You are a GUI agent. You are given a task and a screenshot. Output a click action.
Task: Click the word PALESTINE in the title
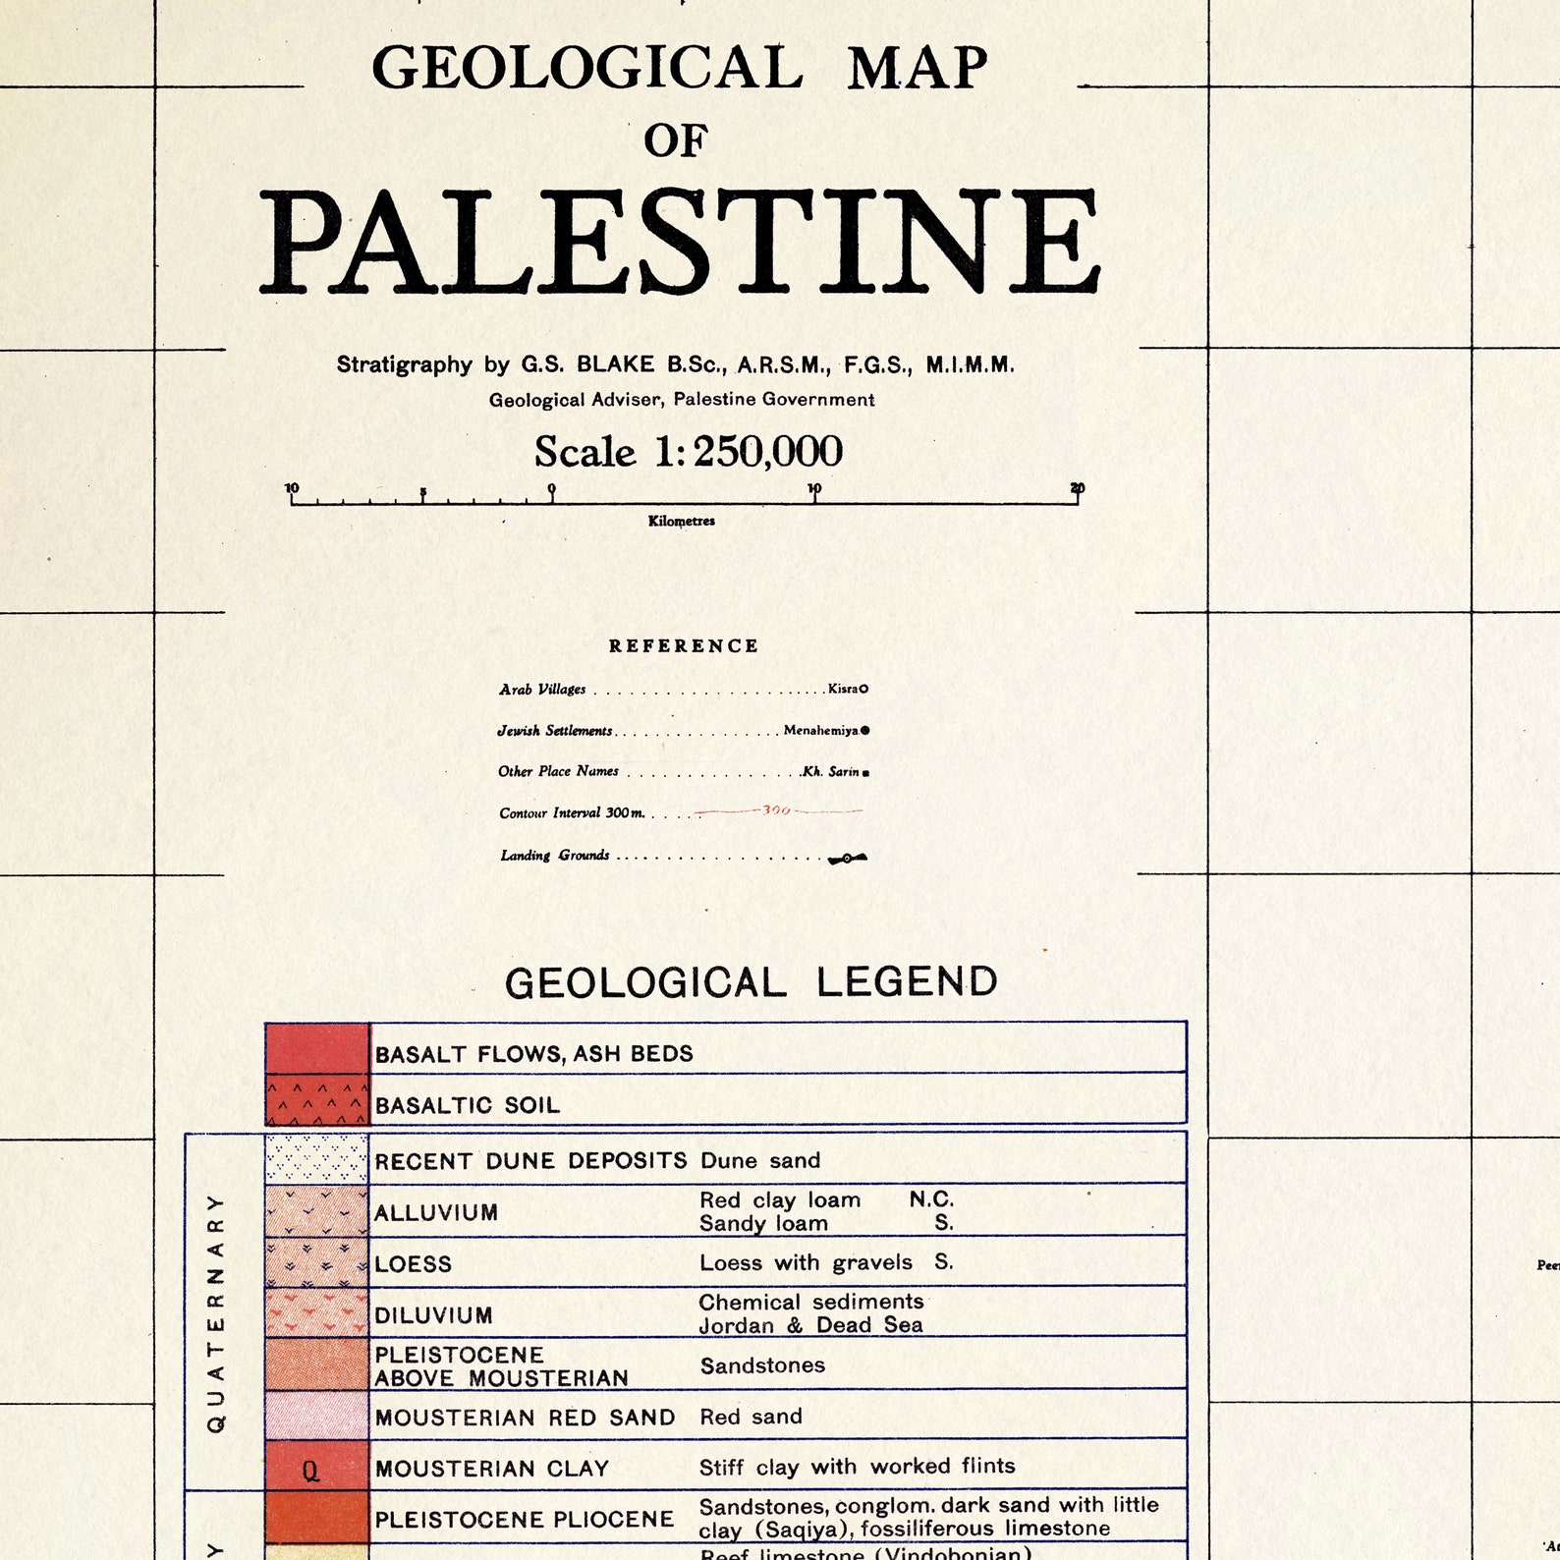(680, 242)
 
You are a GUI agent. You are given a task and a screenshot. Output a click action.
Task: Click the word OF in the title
(676, 141)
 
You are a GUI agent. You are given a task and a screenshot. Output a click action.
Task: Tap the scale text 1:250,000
(748, 452)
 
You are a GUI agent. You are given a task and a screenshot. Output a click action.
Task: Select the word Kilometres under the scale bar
(681, 521)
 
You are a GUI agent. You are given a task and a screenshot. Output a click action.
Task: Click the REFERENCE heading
(684, 646)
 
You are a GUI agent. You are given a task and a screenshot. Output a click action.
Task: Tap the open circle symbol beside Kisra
(864, 689)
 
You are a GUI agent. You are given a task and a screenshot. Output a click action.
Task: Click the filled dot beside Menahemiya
(864, 730)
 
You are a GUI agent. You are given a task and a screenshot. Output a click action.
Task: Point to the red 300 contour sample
(777, 811)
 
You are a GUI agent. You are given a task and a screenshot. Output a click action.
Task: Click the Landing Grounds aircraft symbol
(847, 859)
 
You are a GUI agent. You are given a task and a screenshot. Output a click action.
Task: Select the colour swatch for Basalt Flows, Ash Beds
(317, 1048)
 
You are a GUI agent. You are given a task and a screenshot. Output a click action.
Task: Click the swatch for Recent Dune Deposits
(317, 1159)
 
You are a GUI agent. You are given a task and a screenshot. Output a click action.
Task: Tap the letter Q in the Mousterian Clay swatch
(310, 1471)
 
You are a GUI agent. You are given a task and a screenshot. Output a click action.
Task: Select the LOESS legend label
(413, 1264)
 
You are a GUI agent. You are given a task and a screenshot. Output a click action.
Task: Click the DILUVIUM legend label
(433, 1315)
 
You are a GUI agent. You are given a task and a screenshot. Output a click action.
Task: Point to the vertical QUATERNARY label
(216, 1312)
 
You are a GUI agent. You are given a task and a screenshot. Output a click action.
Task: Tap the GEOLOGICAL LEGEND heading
(751, 982)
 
